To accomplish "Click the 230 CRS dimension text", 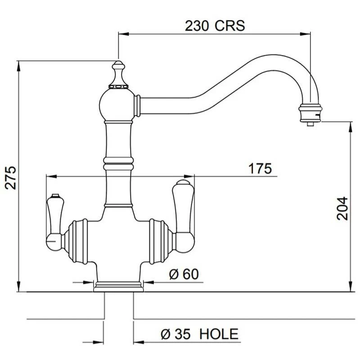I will tap(215, 26).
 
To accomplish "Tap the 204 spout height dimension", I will tap(343, 208).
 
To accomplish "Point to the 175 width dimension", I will tap(261, 169).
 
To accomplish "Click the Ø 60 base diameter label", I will tap(184, 274).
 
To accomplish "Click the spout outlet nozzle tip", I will tap(310, 122).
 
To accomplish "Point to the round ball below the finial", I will tap(118, 103).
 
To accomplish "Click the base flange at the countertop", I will tap(118, 286).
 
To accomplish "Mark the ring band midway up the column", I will tap(118, 160).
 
